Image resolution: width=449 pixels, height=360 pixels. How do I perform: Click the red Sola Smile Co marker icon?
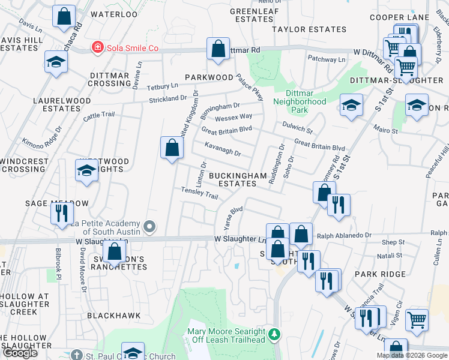tap(96, 47)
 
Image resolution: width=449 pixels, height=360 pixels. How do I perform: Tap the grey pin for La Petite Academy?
tap(150, 227)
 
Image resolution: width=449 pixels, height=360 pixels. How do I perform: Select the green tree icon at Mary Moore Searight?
tap(274, 333)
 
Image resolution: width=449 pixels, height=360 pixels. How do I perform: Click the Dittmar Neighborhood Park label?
tap(300, 106)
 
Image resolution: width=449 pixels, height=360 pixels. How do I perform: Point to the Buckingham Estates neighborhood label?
tap(234, 179)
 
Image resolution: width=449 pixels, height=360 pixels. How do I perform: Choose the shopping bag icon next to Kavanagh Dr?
tap(172, 147)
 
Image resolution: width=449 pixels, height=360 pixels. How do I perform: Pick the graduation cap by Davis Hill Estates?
tap(56, 62)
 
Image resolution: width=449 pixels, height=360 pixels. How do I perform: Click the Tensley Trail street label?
tap(199, 193)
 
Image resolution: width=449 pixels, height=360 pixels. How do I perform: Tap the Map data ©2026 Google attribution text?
tap(412, 355)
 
